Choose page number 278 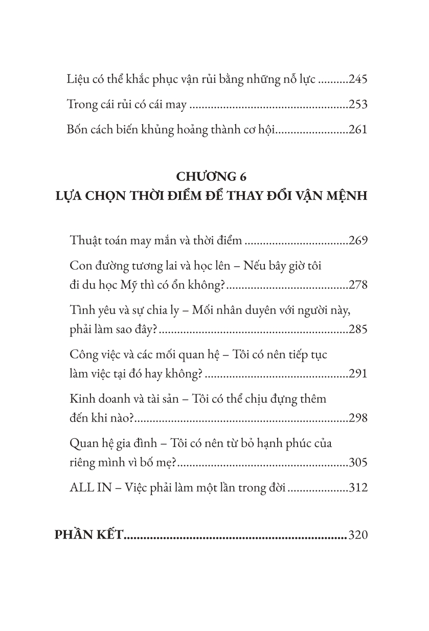tap(358, 285)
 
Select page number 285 tap(358, 330)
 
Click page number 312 tap(358, 487)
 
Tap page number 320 tap(358, 535)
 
